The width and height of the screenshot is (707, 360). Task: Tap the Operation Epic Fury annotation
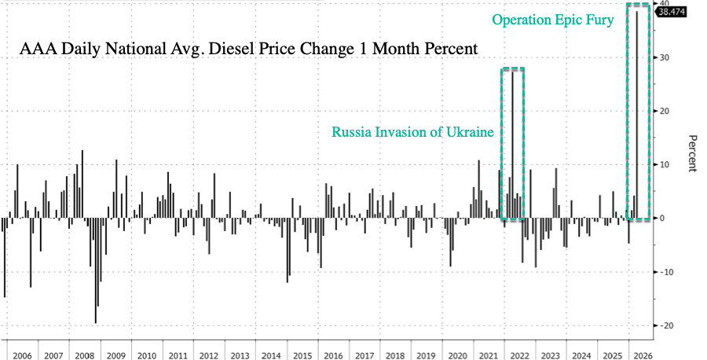click(552, 20)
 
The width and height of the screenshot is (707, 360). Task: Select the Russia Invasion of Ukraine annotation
click(412, 132)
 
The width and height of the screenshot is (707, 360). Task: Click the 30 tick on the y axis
click(664, 57)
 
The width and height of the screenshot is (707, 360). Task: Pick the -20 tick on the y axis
click(666, 325)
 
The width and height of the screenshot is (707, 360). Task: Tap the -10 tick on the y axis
click(666, 272)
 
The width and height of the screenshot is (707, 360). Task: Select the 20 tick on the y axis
click(664, 111)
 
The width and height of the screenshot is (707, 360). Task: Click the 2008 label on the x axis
click(83, 355)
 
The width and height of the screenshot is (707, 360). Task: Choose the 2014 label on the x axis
click(271, 355)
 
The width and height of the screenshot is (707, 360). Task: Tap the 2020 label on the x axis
click(457, 355)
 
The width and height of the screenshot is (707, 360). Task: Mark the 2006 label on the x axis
click(22, 355)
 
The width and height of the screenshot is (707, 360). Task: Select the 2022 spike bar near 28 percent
click(512, 141)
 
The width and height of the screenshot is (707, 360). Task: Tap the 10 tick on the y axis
click(664, 164)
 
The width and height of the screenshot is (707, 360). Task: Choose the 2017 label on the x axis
click(364, 355)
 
